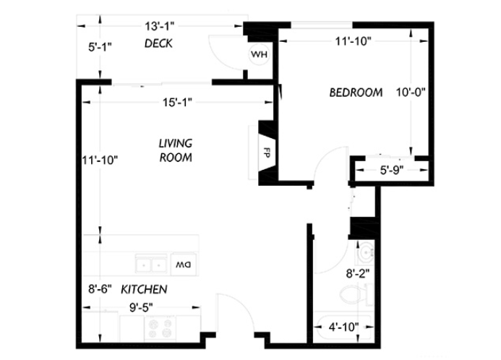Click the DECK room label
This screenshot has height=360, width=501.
[x=158, y=43]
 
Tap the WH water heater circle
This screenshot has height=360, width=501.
[x=259, y=54]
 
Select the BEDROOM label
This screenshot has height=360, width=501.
[x=356, y=93]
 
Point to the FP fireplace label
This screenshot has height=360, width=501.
[x=267, y=153]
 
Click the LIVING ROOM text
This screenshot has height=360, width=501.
[x=176, y=150]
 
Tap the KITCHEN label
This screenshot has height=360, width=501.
[x=144, y=289]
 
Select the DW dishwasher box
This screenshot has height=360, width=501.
[x=184, y=264]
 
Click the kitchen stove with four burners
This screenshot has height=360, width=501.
[x=160, y=328]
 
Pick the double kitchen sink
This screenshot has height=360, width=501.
[x=150, y=264]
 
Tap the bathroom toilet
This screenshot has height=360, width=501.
[x=356, y=295]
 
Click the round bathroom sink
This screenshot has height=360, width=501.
[x=366, y=252]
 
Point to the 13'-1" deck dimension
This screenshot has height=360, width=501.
[x=160, y=26]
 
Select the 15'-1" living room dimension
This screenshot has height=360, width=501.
[x=177, y=103]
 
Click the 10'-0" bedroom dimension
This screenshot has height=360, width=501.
[x=411, y=93]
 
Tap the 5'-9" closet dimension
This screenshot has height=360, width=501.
[x=392, y=171]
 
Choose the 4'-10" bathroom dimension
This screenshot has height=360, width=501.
[x=344, y=327]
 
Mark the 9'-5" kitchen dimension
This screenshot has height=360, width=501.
[x=141, y=308]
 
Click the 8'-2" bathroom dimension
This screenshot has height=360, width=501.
[x=358, y=274]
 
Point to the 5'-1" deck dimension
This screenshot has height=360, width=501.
[x=100, y=47]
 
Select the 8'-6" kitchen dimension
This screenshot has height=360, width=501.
[x=100, y=289]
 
